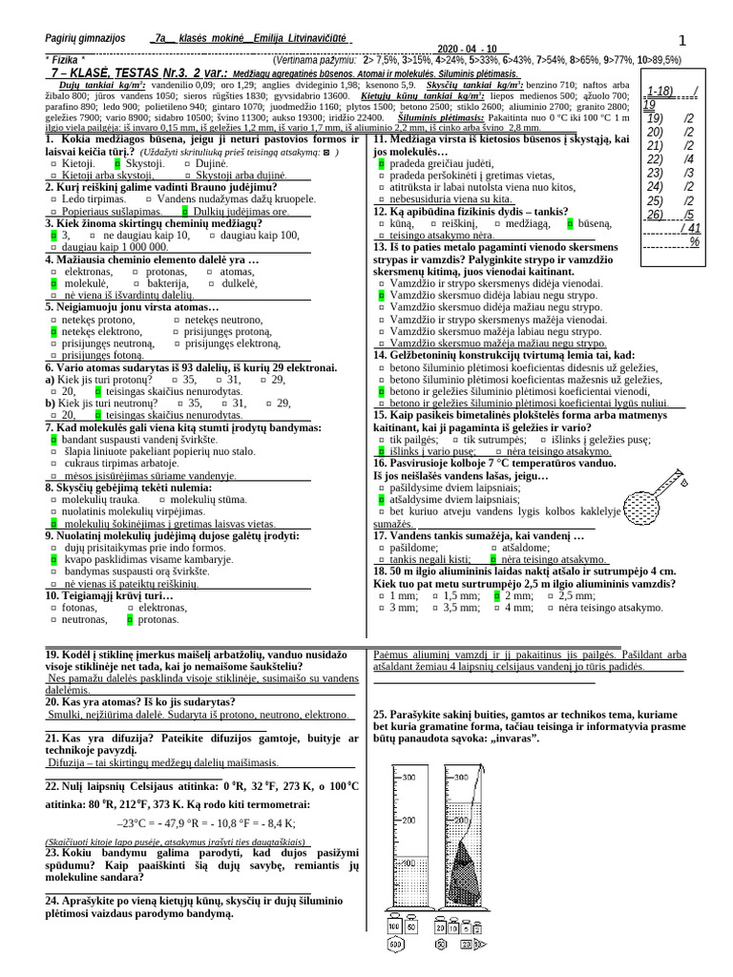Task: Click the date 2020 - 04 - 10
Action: point(468,49)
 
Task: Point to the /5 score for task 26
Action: point(688,214)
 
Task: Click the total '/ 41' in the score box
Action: point(689,228)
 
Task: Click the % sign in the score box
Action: point(694,241)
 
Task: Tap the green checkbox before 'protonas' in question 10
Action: point(129,620)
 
